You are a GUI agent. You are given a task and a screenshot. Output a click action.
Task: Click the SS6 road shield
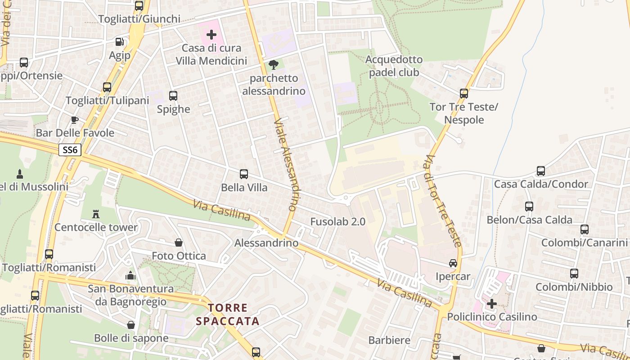coord(70,150)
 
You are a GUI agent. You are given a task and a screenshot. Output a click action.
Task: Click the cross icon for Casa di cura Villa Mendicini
coord(211,34)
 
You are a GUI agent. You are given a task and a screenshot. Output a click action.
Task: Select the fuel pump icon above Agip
coord(119,42)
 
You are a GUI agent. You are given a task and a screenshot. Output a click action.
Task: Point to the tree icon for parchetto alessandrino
coord(273,65)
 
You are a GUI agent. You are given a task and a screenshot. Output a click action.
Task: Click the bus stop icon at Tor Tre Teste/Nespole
coord(464,94)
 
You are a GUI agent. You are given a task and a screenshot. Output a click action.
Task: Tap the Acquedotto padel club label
coord(394,66)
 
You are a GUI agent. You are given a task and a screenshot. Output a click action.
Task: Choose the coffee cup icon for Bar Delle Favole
coord(75,120)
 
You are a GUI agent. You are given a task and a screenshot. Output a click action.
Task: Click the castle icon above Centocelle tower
coord(96,214)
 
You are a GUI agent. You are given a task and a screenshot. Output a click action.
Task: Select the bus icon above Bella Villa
coord(244,174)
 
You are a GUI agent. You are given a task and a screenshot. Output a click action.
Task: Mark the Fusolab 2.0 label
coord(337,221)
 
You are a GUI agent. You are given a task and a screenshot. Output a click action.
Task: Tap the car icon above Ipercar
coord(453,263)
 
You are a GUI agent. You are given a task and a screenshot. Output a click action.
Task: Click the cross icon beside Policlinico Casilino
coord(492,304)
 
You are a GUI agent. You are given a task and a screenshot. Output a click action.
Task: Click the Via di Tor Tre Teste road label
coord(443,201)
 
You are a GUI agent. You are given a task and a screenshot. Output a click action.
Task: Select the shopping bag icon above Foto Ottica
coord(179,243)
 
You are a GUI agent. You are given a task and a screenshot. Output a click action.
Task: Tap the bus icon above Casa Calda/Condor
coord(541,171)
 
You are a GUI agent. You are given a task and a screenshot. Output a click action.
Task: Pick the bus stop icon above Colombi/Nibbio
coord(574,273)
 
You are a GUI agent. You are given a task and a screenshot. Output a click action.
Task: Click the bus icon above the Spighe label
coord(173,95)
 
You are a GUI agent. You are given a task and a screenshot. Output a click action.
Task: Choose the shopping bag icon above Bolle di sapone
coord(131,324)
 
